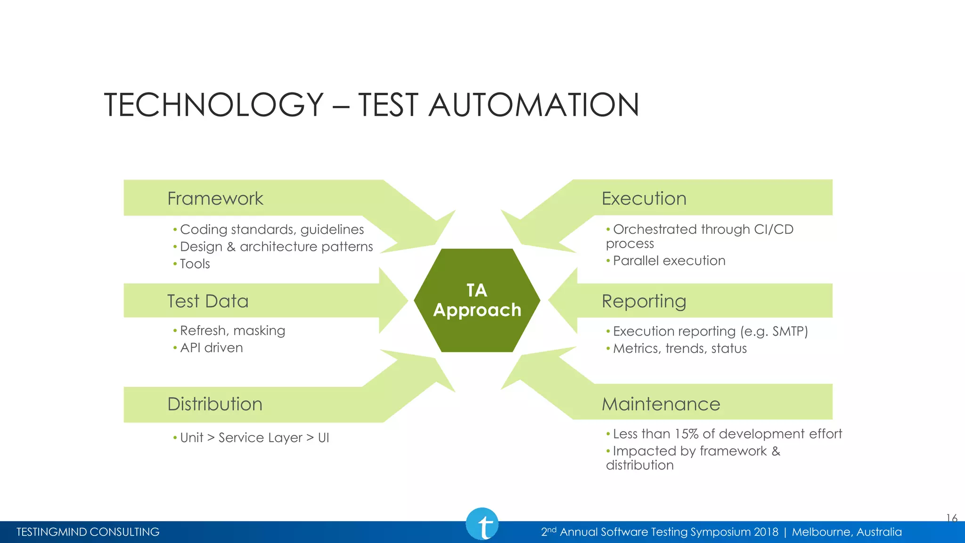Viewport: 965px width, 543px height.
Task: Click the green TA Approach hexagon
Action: [x=477, y=300]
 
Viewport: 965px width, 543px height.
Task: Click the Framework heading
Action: [x=215, y=198]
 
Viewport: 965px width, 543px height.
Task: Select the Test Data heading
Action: [x=208, y=301]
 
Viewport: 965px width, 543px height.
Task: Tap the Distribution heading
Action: [x=215, y=404]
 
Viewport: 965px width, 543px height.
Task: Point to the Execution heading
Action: [x=644, y=198]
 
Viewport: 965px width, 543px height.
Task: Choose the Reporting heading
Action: [x=644, y=301]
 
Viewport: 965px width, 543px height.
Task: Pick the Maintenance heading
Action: [x=661, y=404]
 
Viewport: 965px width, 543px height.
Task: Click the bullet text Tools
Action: [x=195, y=264]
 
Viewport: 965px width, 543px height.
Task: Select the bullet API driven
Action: [x=211, y=348]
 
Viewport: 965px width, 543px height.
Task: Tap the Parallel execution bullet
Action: [x=669, y=261]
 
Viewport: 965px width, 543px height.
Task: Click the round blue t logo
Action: [x=482, y=524]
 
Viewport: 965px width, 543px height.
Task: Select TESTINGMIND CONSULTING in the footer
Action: [x=88, y=532]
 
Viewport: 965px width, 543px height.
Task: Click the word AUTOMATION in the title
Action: [x=533, y=105]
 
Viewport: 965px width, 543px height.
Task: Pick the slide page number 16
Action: [x=951, y=518]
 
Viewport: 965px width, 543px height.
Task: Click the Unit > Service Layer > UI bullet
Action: [x=254, y=438]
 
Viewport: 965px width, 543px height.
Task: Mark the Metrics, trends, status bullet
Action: [x=679, y=349]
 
